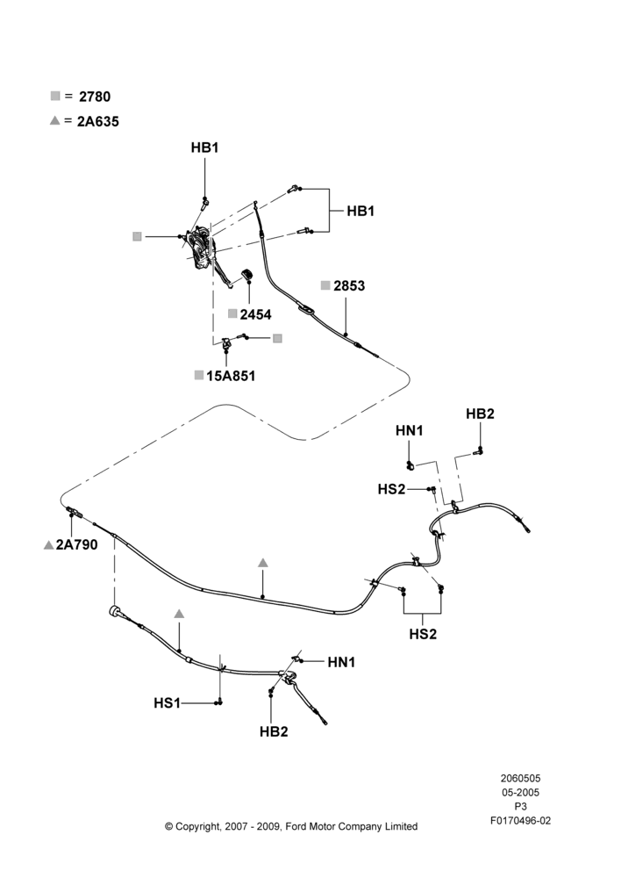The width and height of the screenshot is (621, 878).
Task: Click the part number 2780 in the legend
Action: click(x=95, y=97)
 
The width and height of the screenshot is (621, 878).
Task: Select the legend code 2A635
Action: click(x=98, y=121)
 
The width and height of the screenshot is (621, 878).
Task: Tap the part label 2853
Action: click(x=349, y=285)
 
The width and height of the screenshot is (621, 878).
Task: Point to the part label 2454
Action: click(x=255, y=314)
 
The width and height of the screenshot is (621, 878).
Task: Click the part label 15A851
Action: click(x=231, y=376)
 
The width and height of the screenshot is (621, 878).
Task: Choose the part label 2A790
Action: click(x=76, y=544)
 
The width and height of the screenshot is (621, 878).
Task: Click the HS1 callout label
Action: click(x=168, y=702)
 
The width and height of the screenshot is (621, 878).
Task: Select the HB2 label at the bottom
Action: click(x=274, y=732)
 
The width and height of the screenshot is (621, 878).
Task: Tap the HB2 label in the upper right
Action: click(x=480, y=414)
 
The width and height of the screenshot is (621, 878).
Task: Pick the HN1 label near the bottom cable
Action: click(x=342, y=662)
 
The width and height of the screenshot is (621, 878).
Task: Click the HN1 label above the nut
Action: click(x=410, y=430)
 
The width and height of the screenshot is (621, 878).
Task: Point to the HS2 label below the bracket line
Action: click(x=423, y=635)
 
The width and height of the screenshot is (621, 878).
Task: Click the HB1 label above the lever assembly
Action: click(x=204, y=148)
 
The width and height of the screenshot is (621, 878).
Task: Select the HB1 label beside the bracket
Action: click(x=360, y=211)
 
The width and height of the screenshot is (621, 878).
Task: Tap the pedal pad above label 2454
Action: click(x=246, y=275)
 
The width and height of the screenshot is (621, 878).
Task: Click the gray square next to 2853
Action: click(x=325, y=285)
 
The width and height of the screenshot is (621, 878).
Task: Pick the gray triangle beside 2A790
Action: click(x=48, y=545)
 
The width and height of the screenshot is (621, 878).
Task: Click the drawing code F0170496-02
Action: click(x=520, y=821)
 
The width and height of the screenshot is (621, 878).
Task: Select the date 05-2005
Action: click(x=520, y=792)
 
